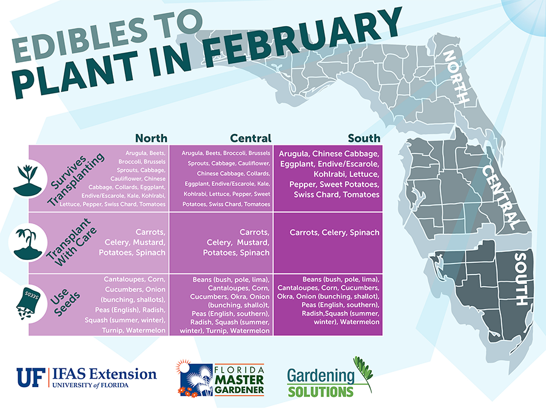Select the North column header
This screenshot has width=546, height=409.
point(151,138)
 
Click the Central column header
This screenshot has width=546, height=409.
point(251,138)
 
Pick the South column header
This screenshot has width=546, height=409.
point(364,138)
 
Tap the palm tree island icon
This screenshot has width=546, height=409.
point(27,243)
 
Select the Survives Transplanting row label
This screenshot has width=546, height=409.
point(76,179)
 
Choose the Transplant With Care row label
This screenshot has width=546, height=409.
point(71,242)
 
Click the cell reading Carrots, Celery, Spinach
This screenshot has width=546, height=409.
point(334,232)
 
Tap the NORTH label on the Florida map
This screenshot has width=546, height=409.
point(456,77)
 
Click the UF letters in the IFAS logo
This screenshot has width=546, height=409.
point(31,377)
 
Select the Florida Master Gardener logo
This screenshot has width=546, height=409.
point(220,378)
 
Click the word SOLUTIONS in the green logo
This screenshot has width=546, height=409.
point(320,391)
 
